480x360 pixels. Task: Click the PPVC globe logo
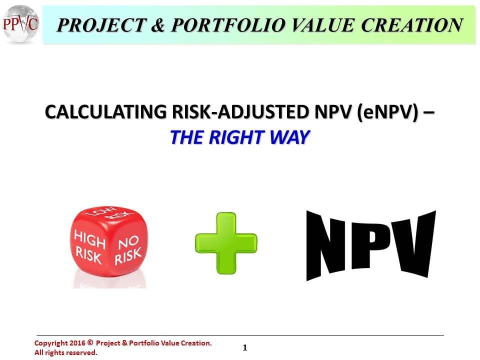click(x=20, y=23)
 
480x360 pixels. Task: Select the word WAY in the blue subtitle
click(x=287, y=137)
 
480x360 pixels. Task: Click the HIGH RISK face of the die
click(x=90, y=247)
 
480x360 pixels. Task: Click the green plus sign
click(x=226, y=243)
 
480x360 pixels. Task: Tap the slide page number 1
click(x=245, y=347)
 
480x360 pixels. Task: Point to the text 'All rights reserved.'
click(x=65, y=352)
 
